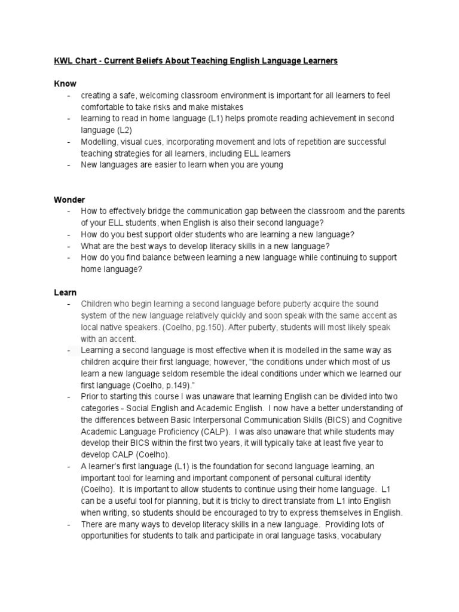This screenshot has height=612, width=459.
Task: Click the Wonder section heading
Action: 69,200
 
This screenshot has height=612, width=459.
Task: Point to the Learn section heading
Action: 65,292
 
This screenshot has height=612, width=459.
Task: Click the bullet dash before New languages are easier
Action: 70,165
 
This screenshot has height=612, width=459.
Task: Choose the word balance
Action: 149,258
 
